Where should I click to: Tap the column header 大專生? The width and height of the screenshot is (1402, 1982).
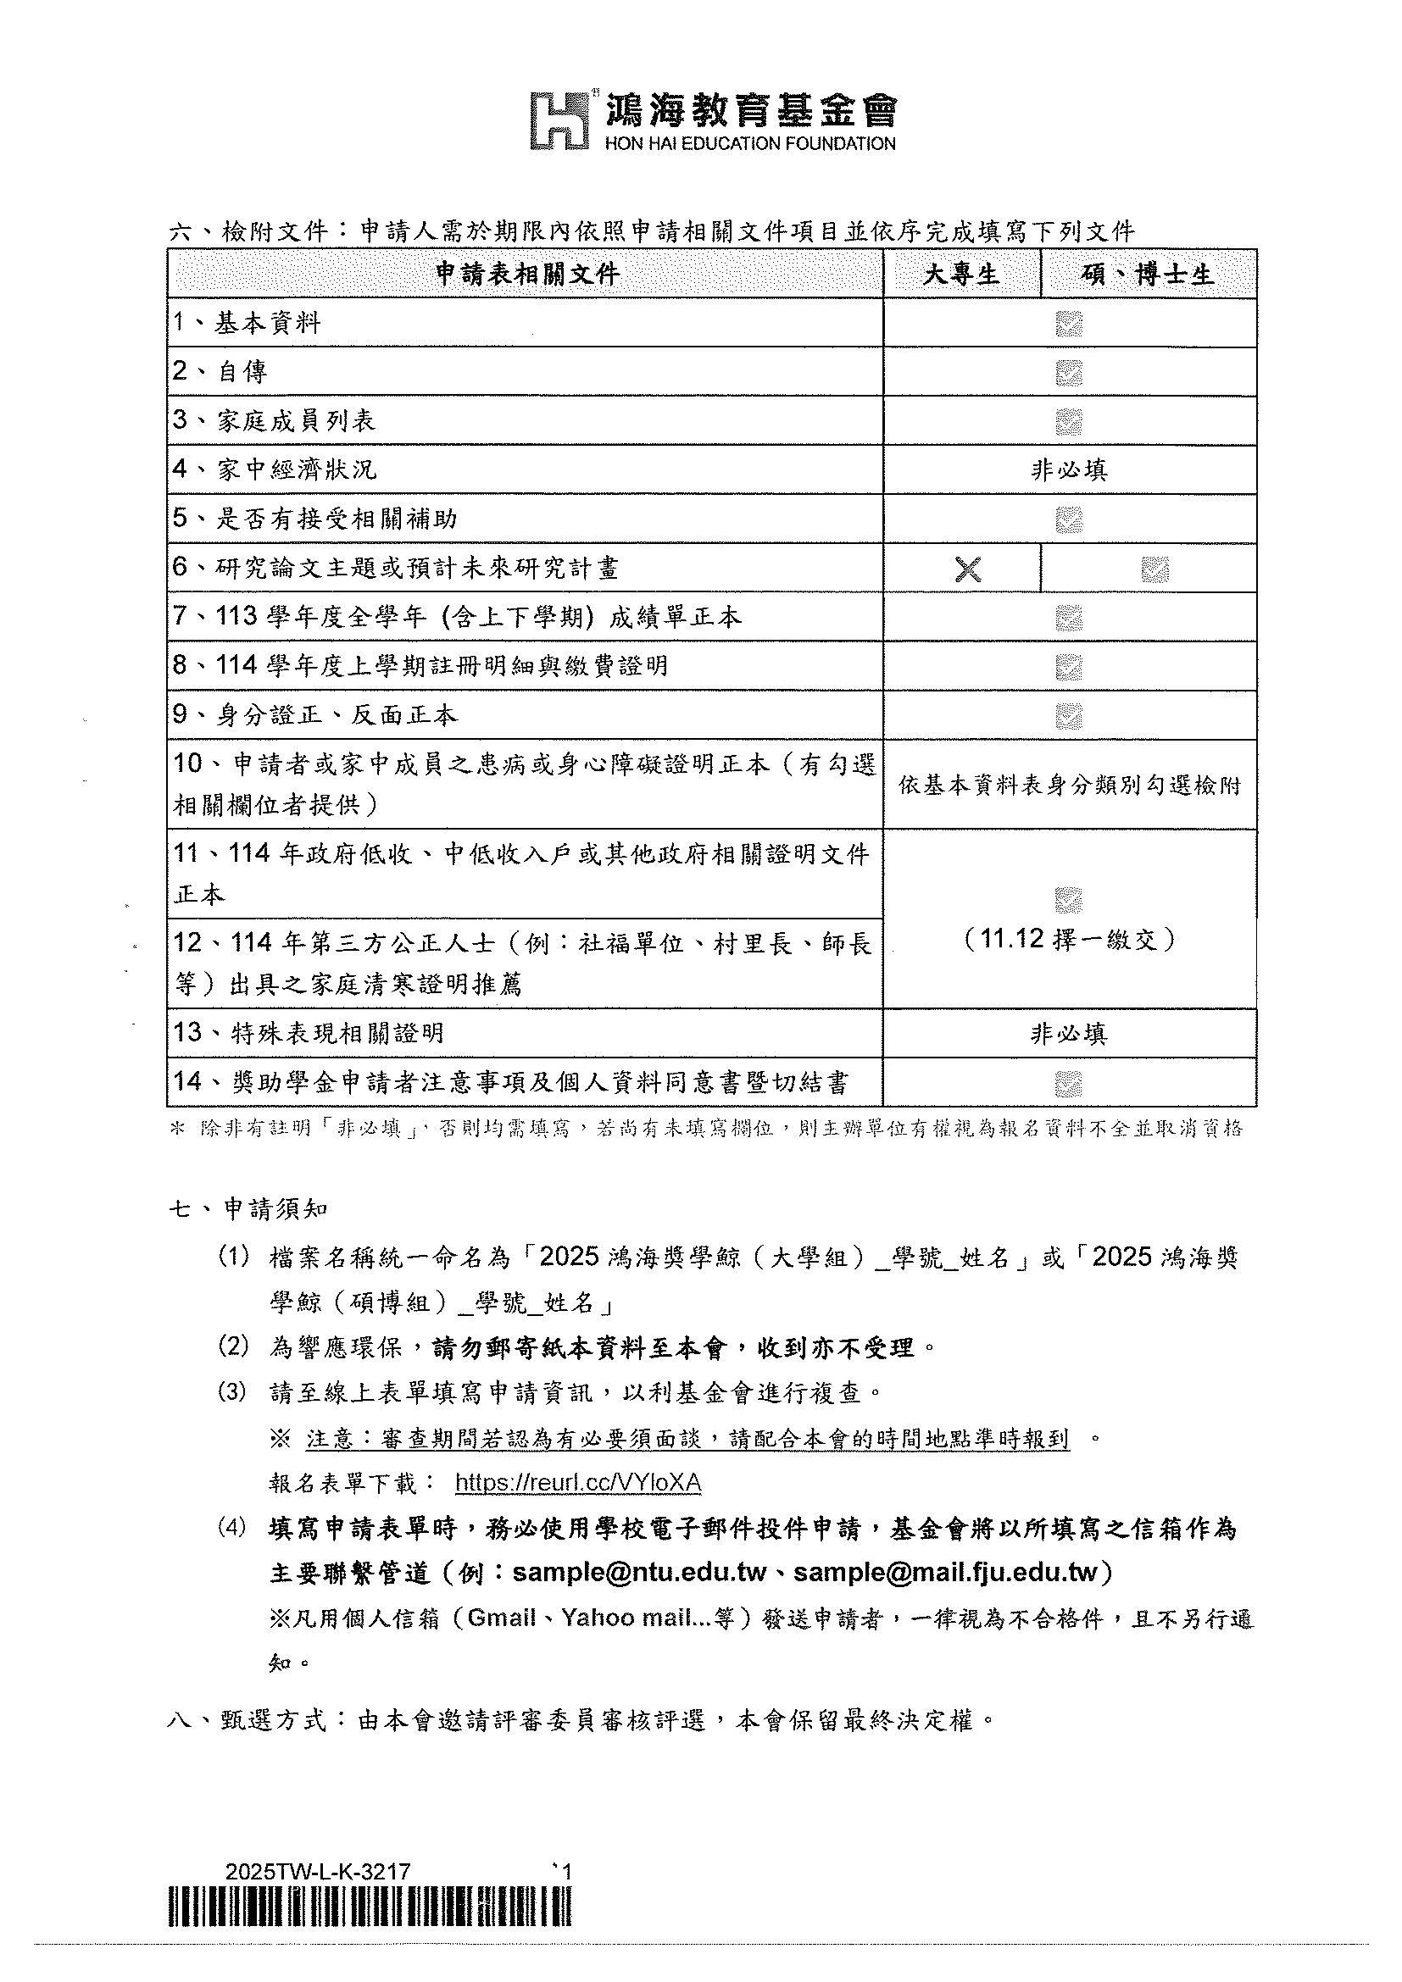click(x=961, y=275)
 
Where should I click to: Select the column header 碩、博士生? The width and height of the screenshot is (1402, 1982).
click(x=1148, y=275)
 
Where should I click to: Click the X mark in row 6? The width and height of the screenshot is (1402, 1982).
click(x=969, y=569)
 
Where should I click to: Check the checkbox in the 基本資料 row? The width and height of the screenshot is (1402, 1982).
click(x=1069, y=325)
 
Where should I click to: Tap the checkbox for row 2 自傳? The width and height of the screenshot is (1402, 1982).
click(x=1069, y=373)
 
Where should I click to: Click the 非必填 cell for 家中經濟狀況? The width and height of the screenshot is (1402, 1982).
click(x=1069, y=470)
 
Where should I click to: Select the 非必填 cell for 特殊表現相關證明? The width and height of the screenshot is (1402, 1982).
click(x=1069, y=1033)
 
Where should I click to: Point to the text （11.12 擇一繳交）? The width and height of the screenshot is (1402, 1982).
click(x=1069, y=939)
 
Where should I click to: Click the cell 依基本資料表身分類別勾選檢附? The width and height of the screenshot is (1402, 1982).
click(x=1069, y=786)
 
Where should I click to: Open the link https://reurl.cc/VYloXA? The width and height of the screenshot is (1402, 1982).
click(x=577, y=1483)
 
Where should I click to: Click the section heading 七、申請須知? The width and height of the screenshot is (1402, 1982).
click(x=248, y=1208)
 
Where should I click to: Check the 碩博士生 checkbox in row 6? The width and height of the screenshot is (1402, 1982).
click(x=1154, y=569)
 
